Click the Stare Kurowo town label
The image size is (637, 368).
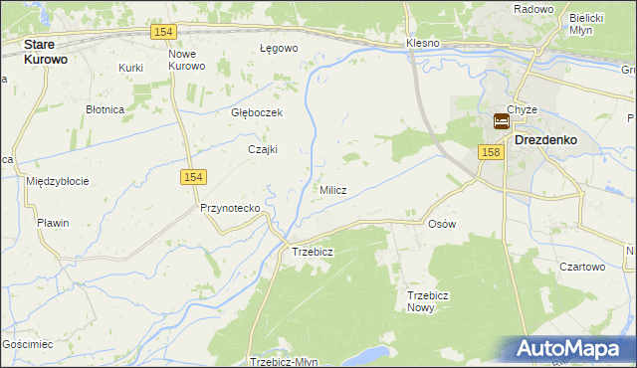click(x=52, y=52)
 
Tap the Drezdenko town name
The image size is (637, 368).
click(x=546, y=141)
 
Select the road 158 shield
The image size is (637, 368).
click(x=489, y=152)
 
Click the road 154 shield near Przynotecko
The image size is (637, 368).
click(x=194, y=176)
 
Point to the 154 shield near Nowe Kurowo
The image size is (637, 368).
click(x=165, y=32)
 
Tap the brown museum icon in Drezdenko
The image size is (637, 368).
click(x=502, y=122)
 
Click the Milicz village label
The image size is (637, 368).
click(x=332, y=190)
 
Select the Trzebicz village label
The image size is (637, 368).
click(x=312, y=252)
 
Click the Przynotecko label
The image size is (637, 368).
click(x=230, y=208)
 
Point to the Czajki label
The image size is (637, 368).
click(x=262, y=149)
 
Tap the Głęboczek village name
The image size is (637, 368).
click(x=257, y=113)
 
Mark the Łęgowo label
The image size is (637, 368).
click(x=279, y=48)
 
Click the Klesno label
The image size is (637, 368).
click(x=423, y=45)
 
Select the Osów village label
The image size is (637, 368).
click(x=441, y=224)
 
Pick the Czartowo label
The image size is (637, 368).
click(x=582, y=267)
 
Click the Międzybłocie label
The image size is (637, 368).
click(x=58, y=181)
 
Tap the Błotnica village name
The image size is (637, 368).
click(x=105, y=109)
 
